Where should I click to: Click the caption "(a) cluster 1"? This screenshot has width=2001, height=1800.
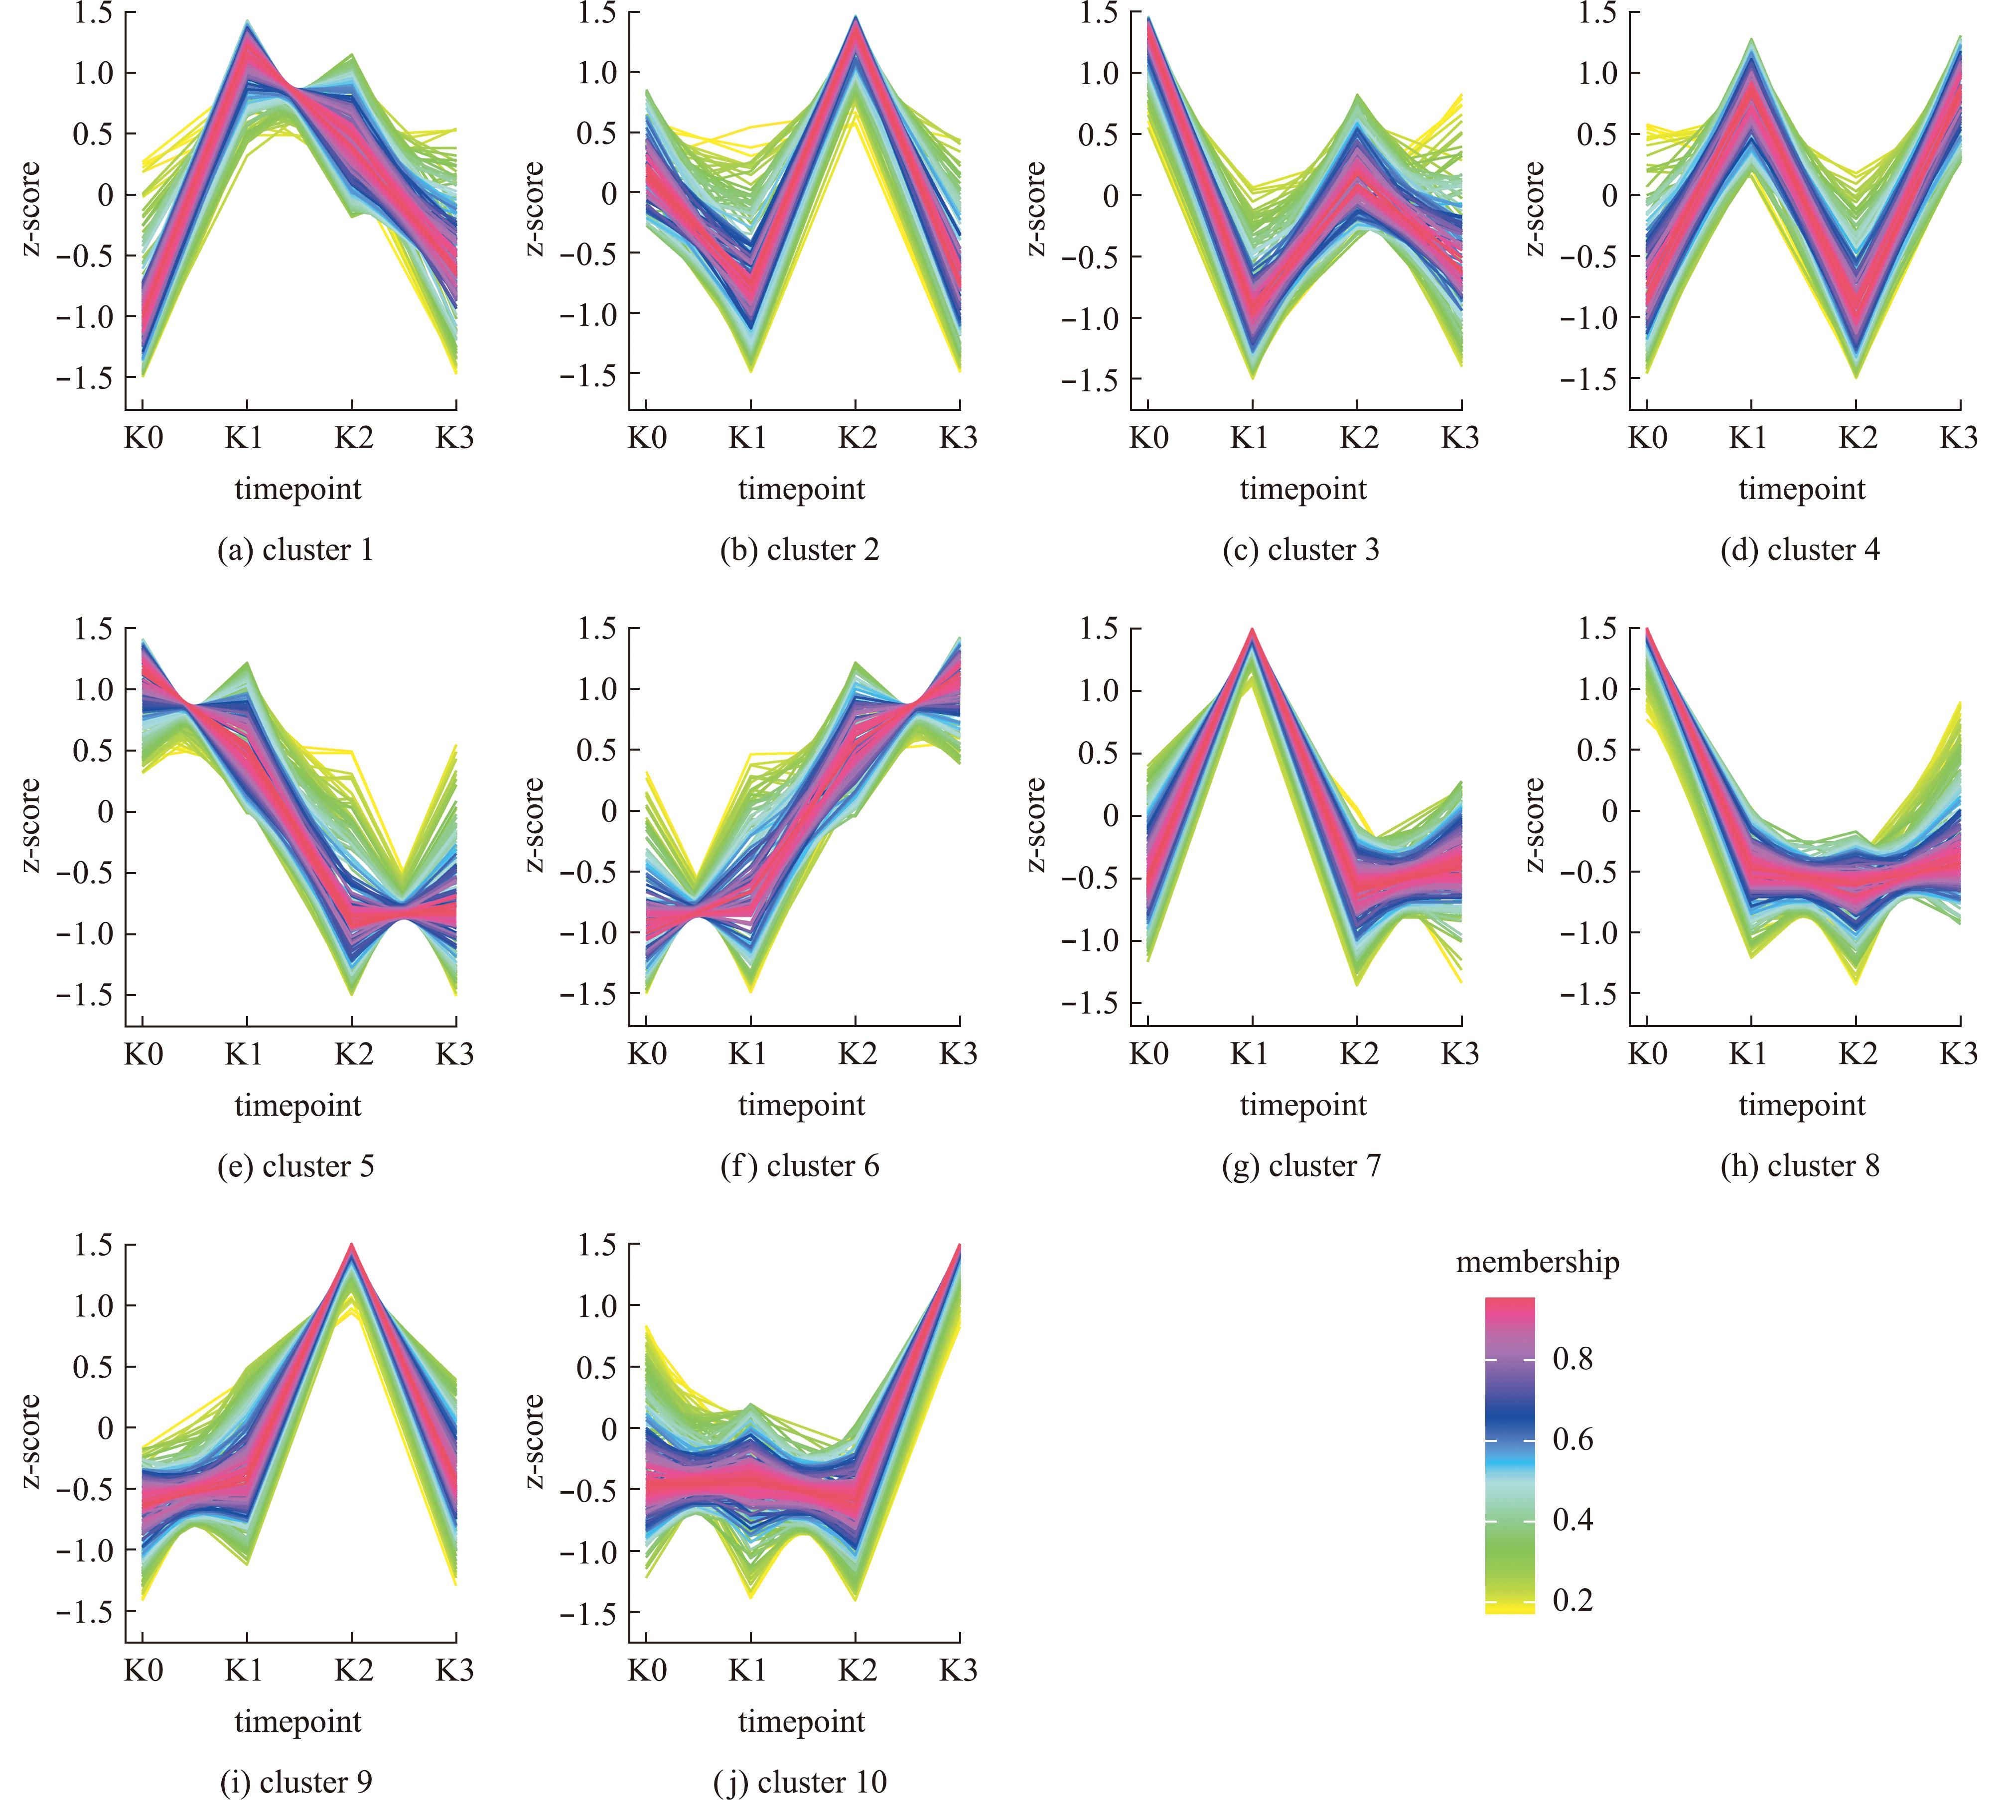(x=296, y=550)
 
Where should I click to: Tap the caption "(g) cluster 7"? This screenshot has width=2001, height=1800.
(x=1301, y=1166)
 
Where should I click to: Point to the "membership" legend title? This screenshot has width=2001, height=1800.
(x=1537, y=1263)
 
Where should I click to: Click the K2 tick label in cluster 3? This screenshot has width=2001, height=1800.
(x=1359, y=437)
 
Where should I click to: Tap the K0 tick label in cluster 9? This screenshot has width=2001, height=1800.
(x=143, y=1671)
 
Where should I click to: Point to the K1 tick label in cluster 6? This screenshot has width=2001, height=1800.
(x=748, y=1054)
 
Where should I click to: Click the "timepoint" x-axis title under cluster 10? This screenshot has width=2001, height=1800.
(x=801, y=1722)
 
